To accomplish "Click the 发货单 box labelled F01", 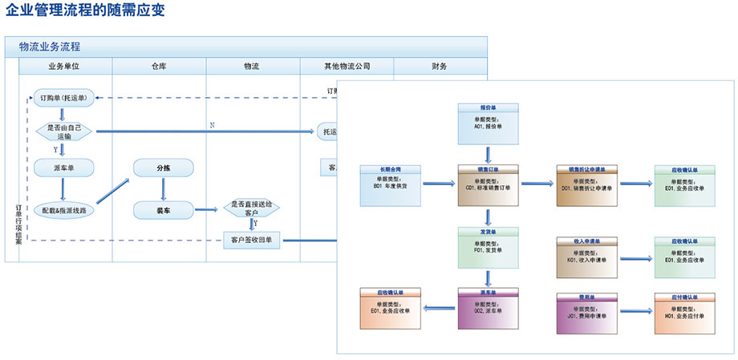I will (x=489, y=245).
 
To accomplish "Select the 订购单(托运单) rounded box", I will (x=63, y=98).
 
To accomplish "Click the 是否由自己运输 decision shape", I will (x=64, y=131).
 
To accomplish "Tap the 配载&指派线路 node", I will (x=64, y=210).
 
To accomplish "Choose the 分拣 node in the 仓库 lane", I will (x=163, y=167).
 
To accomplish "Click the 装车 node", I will (x=163, y=210).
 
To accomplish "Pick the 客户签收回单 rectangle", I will (x=251, y=239).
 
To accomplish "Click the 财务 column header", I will (x=440, y=67).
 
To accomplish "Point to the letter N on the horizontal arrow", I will (x=212, y=125).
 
